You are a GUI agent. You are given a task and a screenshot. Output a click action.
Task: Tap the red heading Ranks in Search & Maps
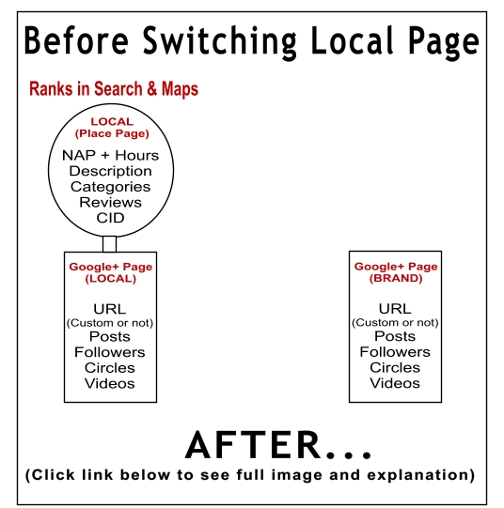coord(114,89)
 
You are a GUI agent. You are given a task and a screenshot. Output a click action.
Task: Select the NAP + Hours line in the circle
coord(111,156)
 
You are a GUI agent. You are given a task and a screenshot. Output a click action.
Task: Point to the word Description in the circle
coord(111,171)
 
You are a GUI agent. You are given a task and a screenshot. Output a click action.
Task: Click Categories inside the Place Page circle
coord(111,187)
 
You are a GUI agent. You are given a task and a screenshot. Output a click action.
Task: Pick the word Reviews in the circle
coord(111,203)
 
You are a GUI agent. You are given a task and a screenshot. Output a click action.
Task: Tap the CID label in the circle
coord(111,218)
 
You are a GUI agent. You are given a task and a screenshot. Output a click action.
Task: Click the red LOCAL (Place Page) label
coord(112,128)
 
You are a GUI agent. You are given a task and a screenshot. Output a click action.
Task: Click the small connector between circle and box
coord(109,244)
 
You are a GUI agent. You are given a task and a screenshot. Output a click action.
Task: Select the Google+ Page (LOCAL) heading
coord(111,273)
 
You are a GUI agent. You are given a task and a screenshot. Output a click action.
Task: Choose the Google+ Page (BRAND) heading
coord(396,272)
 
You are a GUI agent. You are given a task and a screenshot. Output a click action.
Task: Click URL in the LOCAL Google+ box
coord(110,309)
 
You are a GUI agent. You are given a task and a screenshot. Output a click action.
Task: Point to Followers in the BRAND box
coord(395,352)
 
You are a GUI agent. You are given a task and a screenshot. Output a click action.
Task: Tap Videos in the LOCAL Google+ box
coord(110,384)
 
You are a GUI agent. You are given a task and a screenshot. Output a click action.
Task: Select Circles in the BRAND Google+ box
coord(395,368)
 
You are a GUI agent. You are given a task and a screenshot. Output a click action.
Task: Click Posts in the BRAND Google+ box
coord(395,336)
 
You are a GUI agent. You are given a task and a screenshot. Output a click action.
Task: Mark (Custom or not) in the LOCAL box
coord(110,323)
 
